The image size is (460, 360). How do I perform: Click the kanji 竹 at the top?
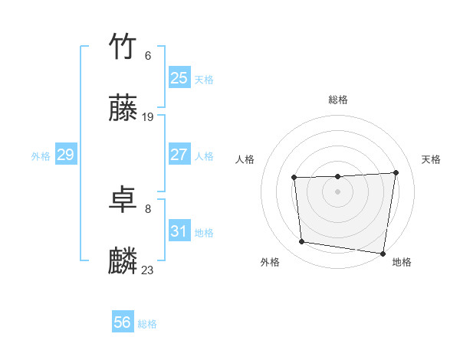coord(123,46)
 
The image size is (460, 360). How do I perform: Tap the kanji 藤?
coord(123,109)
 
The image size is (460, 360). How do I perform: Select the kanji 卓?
coord(123,200)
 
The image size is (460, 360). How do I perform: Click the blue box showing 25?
coord(179,78)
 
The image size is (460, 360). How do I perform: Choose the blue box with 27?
coord(179,155)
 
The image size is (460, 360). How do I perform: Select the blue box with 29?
coord(65,155)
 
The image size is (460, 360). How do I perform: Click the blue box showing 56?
coord(123,323)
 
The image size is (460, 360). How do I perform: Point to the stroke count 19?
coord(148,117)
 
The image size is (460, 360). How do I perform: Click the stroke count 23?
coord(148,270)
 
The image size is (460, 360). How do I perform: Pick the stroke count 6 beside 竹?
coord(148,55)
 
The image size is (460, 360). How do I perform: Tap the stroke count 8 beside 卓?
coord(148,208)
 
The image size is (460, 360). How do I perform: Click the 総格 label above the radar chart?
coord(338,100)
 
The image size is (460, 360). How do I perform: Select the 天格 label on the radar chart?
coord(431,159)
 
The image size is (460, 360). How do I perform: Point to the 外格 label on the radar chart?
coord(270,262)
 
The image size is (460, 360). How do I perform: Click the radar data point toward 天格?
coord(396,172)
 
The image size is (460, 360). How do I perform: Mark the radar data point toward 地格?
coord(383,253)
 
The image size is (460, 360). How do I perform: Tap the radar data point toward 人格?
coord(294,178)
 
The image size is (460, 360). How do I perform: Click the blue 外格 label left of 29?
coord(41,156)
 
